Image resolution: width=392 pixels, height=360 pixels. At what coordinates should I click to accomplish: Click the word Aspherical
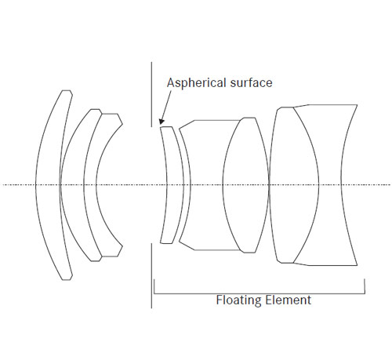point(196,83)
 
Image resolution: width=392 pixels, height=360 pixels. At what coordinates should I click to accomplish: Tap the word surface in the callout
point(251,82)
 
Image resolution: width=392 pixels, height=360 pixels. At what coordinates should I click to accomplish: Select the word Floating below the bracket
point(238,300)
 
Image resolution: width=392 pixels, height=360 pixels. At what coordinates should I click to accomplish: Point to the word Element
point(288,300)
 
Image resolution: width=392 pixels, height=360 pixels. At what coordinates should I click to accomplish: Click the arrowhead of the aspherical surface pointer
point(162,122)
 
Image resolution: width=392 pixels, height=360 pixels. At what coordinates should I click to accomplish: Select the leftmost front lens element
point(49,185)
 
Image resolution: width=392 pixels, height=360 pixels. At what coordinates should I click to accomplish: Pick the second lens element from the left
point(72,185)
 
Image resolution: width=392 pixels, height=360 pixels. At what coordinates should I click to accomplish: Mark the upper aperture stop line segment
point(151,94)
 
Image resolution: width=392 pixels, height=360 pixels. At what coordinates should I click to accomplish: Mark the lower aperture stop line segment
point(151,276)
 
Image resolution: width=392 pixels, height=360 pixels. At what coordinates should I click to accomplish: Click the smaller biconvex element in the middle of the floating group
point(245,185)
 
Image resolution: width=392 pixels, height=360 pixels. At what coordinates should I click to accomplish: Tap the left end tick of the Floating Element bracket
point(154,286)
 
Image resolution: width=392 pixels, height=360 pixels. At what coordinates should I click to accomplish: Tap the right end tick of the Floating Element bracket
point(365,286)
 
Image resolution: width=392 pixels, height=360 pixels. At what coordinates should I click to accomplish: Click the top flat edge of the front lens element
point(67,90)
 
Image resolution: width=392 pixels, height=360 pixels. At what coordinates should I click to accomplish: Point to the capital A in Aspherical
point(171,82)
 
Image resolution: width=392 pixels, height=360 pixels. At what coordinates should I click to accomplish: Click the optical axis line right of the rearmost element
point(374,185)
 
